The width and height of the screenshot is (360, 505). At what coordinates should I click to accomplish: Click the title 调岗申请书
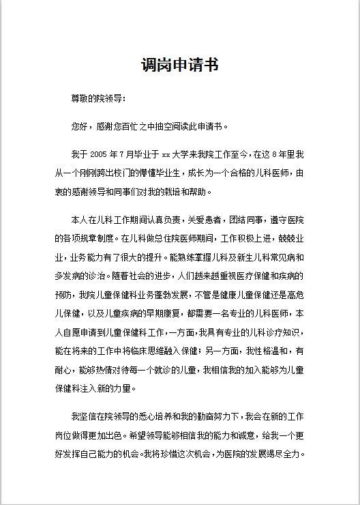coord(180,66)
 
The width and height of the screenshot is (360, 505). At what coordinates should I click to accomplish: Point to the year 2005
coord(100,154)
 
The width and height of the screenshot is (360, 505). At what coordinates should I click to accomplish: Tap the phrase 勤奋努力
coord(212,416)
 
